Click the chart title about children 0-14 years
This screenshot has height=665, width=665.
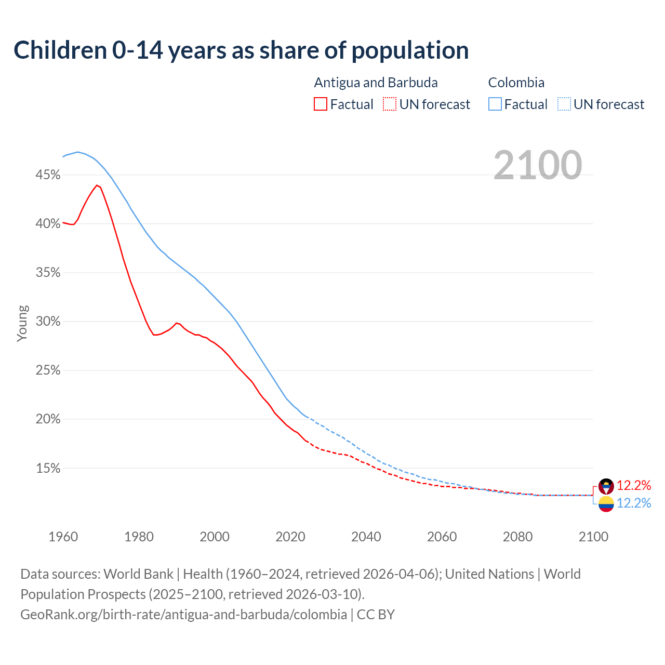click(241, 50)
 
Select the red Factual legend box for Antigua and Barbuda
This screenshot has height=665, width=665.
click(321, 104)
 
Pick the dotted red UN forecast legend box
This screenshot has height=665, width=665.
click(390, 104)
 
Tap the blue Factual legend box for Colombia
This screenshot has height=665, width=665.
click(495, 104)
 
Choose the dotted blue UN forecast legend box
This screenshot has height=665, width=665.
click(564, 104)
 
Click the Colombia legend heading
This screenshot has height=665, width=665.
click(516, 83)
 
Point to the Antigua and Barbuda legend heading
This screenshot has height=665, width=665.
click(376, 83)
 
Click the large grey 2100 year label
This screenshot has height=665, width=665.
click(538, 165)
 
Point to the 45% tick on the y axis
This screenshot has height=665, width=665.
click(48, 175)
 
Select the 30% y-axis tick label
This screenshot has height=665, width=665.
click(48, 322)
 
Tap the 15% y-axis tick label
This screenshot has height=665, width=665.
click(48, 469)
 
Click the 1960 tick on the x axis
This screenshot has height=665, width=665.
click(63, 537)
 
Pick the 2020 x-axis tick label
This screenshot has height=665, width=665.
click(290, 537)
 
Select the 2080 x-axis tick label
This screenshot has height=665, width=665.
click(517, 537)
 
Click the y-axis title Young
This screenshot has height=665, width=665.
click(22, 323)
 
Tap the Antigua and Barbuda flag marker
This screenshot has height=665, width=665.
click(606, 486)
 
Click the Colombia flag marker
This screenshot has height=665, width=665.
click(606, 503)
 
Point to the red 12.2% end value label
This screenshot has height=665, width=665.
click(634, 486)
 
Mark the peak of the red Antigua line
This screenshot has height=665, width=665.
click(97, 185)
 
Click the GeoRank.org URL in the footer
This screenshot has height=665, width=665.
click(183, 615)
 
